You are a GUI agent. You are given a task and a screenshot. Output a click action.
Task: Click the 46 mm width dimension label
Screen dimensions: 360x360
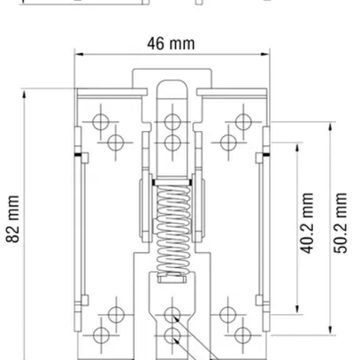pos(172,44)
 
